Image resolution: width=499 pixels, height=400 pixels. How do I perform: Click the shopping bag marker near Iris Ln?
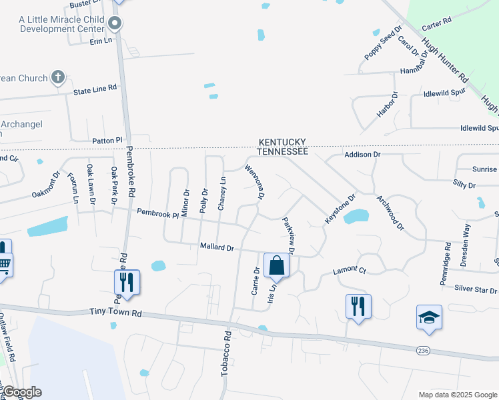point(276,265)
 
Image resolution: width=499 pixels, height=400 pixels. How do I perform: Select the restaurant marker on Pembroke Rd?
point(126,282)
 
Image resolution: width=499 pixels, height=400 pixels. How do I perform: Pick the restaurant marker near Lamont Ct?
point(358,306)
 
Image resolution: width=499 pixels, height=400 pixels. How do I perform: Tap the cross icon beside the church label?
point(58,78)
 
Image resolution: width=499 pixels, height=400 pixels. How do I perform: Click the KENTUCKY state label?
point(283,142)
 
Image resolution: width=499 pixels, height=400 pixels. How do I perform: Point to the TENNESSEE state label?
point(283,152)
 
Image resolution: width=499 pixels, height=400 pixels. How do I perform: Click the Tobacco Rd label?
point(226,353)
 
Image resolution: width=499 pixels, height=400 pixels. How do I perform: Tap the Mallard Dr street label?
point(217,247)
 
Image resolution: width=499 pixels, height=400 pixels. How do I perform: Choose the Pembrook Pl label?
point(158,213)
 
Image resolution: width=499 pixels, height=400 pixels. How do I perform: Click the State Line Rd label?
point(95,87)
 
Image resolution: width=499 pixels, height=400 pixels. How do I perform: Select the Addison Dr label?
point(362,154)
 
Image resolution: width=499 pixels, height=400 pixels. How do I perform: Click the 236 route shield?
point(423,351)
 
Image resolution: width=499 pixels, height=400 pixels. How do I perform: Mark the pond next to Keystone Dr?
point(356,217)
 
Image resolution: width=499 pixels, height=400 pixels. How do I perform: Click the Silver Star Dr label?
point(476,290)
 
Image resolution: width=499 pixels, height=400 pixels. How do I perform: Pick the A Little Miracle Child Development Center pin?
point(115,25)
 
